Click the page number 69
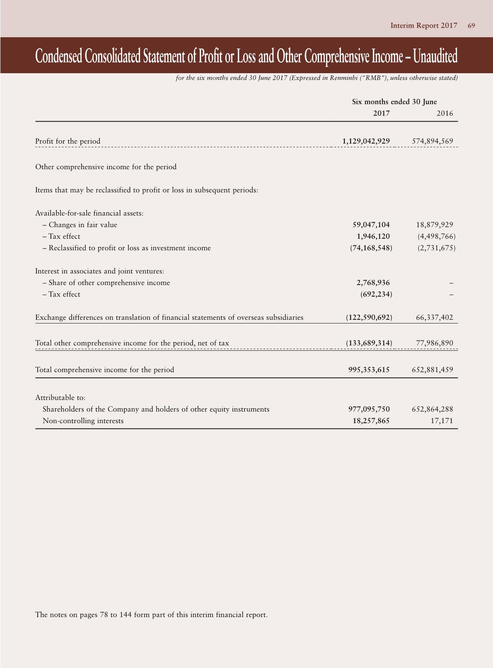click(x=471, y=26)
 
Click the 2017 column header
click(x=381, y=113)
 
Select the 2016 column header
click(x=445, y=113)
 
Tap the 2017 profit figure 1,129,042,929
click(x=366, y=141)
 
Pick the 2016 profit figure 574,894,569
click(x=432, y=141)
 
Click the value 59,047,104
click(x=371, y=225)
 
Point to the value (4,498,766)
click(x=437, y=236)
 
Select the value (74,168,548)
click(x=371, y=248)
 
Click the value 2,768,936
click(x=373, y=283)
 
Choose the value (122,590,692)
click(x=369, y=317)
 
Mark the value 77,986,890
click(x=434, y=343)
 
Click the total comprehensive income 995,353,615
click(x=369, y=369)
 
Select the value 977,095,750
click(x=369, y=409)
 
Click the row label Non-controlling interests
click(x=83, y=421)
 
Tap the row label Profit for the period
click(x=68, y=141)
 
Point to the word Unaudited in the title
click(x=435, y=56)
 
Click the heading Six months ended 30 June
click(x=394, y=102)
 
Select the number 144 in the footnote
click(x=126, y=615)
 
